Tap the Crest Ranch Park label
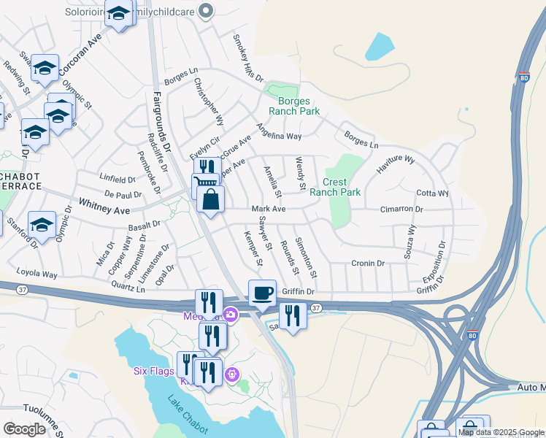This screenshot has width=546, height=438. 335,187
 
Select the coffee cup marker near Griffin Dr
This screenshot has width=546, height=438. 263,293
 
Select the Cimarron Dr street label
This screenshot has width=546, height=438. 401,209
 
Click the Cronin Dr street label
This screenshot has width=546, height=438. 368,263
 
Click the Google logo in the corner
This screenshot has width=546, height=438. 24,429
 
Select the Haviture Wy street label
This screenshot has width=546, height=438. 395,163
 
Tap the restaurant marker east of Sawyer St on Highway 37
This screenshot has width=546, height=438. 293,316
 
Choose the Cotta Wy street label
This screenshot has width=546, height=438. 432,193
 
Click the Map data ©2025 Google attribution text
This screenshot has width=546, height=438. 501,432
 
